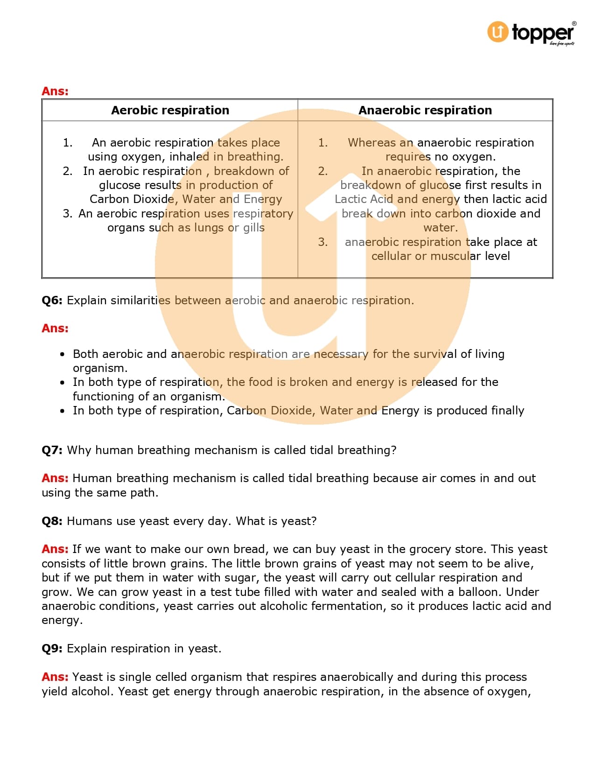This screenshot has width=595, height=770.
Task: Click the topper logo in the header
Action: click(532, 33)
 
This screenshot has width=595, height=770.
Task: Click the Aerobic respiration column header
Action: click(170, 110)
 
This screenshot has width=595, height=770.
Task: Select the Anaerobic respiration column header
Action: click(425, 110)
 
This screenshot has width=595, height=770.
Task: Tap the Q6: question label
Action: click(52, 301)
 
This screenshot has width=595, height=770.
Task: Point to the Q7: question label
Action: click(52, 450)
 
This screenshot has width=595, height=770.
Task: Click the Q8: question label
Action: click(52, 521)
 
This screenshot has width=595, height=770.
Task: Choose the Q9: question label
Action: click(52, 649)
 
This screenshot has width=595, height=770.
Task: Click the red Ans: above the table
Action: click(55, 91)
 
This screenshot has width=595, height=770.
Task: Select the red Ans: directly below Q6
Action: click(55, 329)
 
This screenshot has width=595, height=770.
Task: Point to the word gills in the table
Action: click(254, 228)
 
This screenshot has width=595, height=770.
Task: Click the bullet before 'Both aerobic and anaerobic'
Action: click(63, 354)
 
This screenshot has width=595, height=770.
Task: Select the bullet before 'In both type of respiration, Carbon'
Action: click(63, 411)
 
